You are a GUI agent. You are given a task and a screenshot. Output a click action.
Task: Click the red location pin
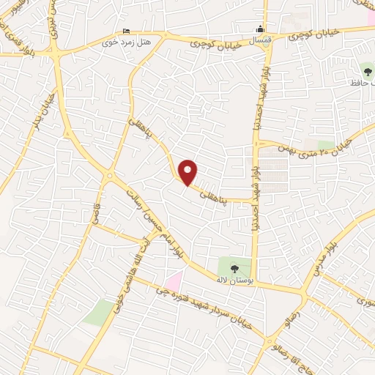pyautogui.click(x=188, y=172)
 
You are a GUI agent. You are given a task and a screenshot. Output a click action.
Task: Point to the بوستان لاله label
pyautogui.click(x=234, y=280)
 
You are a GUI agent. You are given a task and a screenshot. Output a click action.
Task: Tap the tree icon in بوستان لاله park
pyautogui.click(x=234, y=267)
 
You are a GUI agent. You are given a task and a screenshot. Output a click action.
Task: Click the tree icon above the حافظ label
pyautogui.click(x=367, y=72)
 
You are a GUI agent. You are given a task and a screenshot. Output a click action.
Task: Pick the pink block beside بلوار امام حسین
pyautogui.click(x=174, y=280)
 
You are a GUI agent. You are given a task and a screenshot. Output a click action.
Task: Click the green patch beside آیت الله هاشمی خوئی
pyautogui.click(x=97, y=312)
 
